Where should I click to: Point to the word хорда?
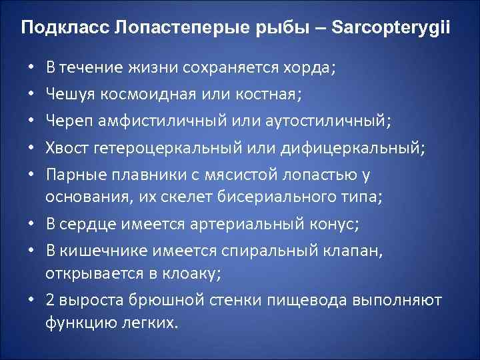pos(313,67)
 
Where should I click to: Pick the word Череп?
pos(65,121)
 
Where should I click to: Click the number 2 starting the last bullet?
pos(50,301)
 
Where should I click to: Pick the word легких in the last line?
pos(155,324)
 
